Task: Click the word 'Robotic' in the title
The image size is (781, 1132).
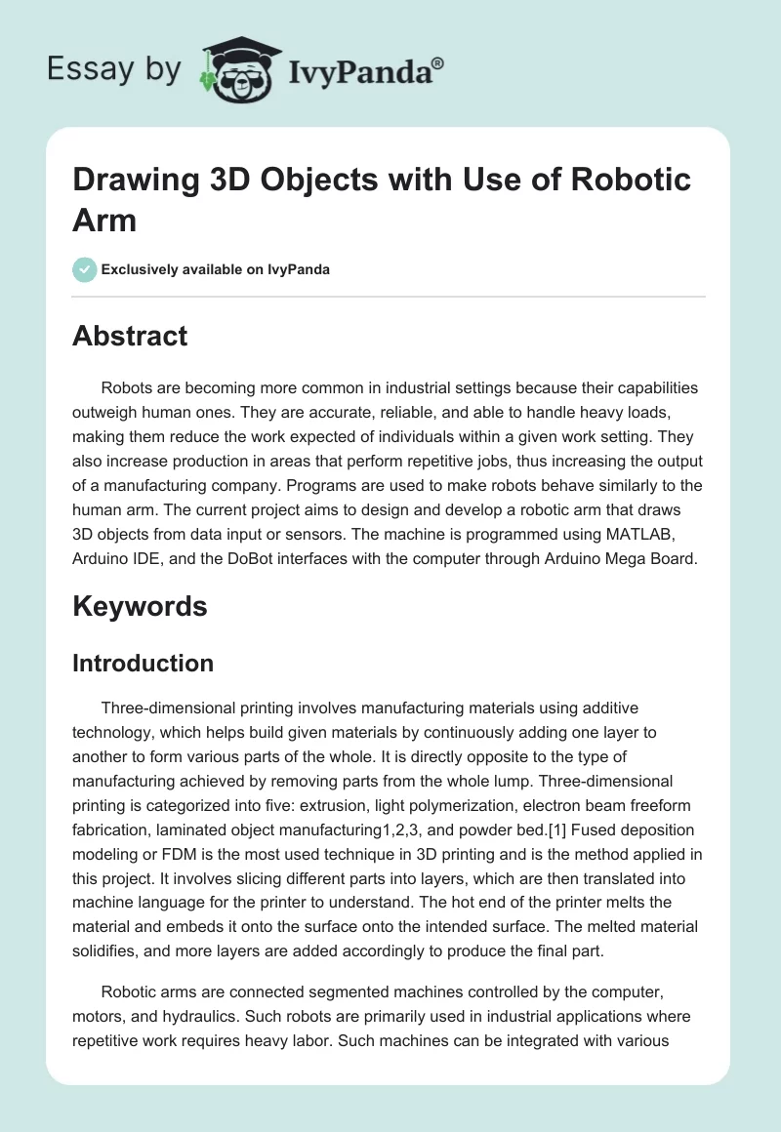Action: pos(630,180)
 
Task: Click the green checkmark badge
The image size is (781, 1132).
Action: pos(85,269)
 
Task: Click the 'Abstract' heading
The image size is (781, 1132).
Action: pos(130,336)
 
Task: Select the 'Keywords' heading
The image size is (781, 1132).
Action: pos(140,606)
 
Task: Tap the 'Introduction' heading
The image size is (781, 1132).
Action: pos(143,664)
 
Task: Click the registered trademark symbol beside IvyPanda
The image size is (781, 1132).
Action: pos(438,62)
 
